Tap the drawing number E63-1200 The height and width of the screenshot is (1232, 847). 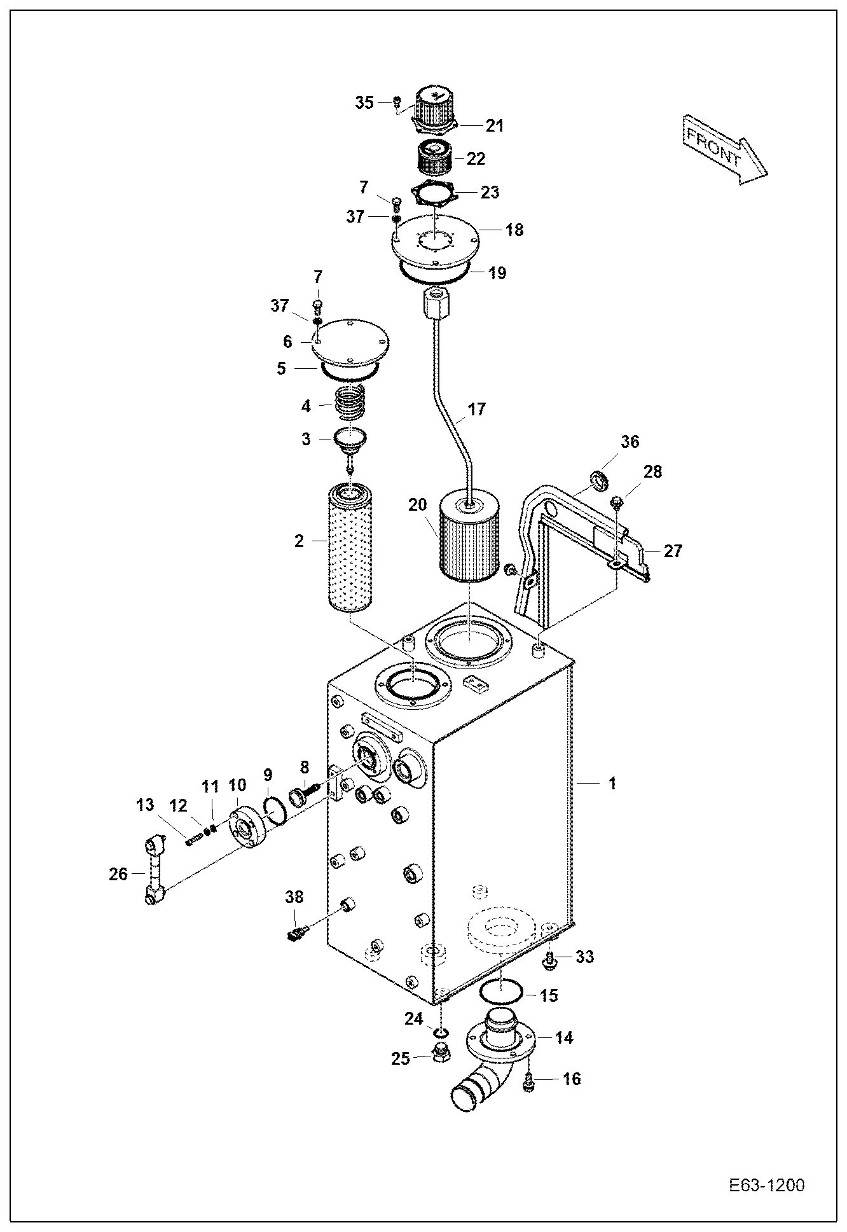[x=766, y=1186]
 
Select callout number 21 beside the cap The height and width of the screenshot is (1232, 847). [x=494, y=126]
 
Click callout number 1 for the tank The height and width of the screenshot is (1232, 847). [x=612, y=784]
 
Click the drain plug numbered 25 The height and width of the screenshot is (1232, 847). [x=439, y=1054]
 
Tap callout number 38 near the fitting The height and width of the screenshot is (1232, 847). [x=294, y=897]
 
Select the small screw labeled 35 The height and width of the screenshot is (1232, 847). [x=397, y=101]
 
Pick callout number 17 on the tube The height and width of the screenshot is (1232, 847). [x=476, y=409]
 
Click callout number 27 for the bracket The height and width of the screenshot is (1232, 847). [x=672, y=551]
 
